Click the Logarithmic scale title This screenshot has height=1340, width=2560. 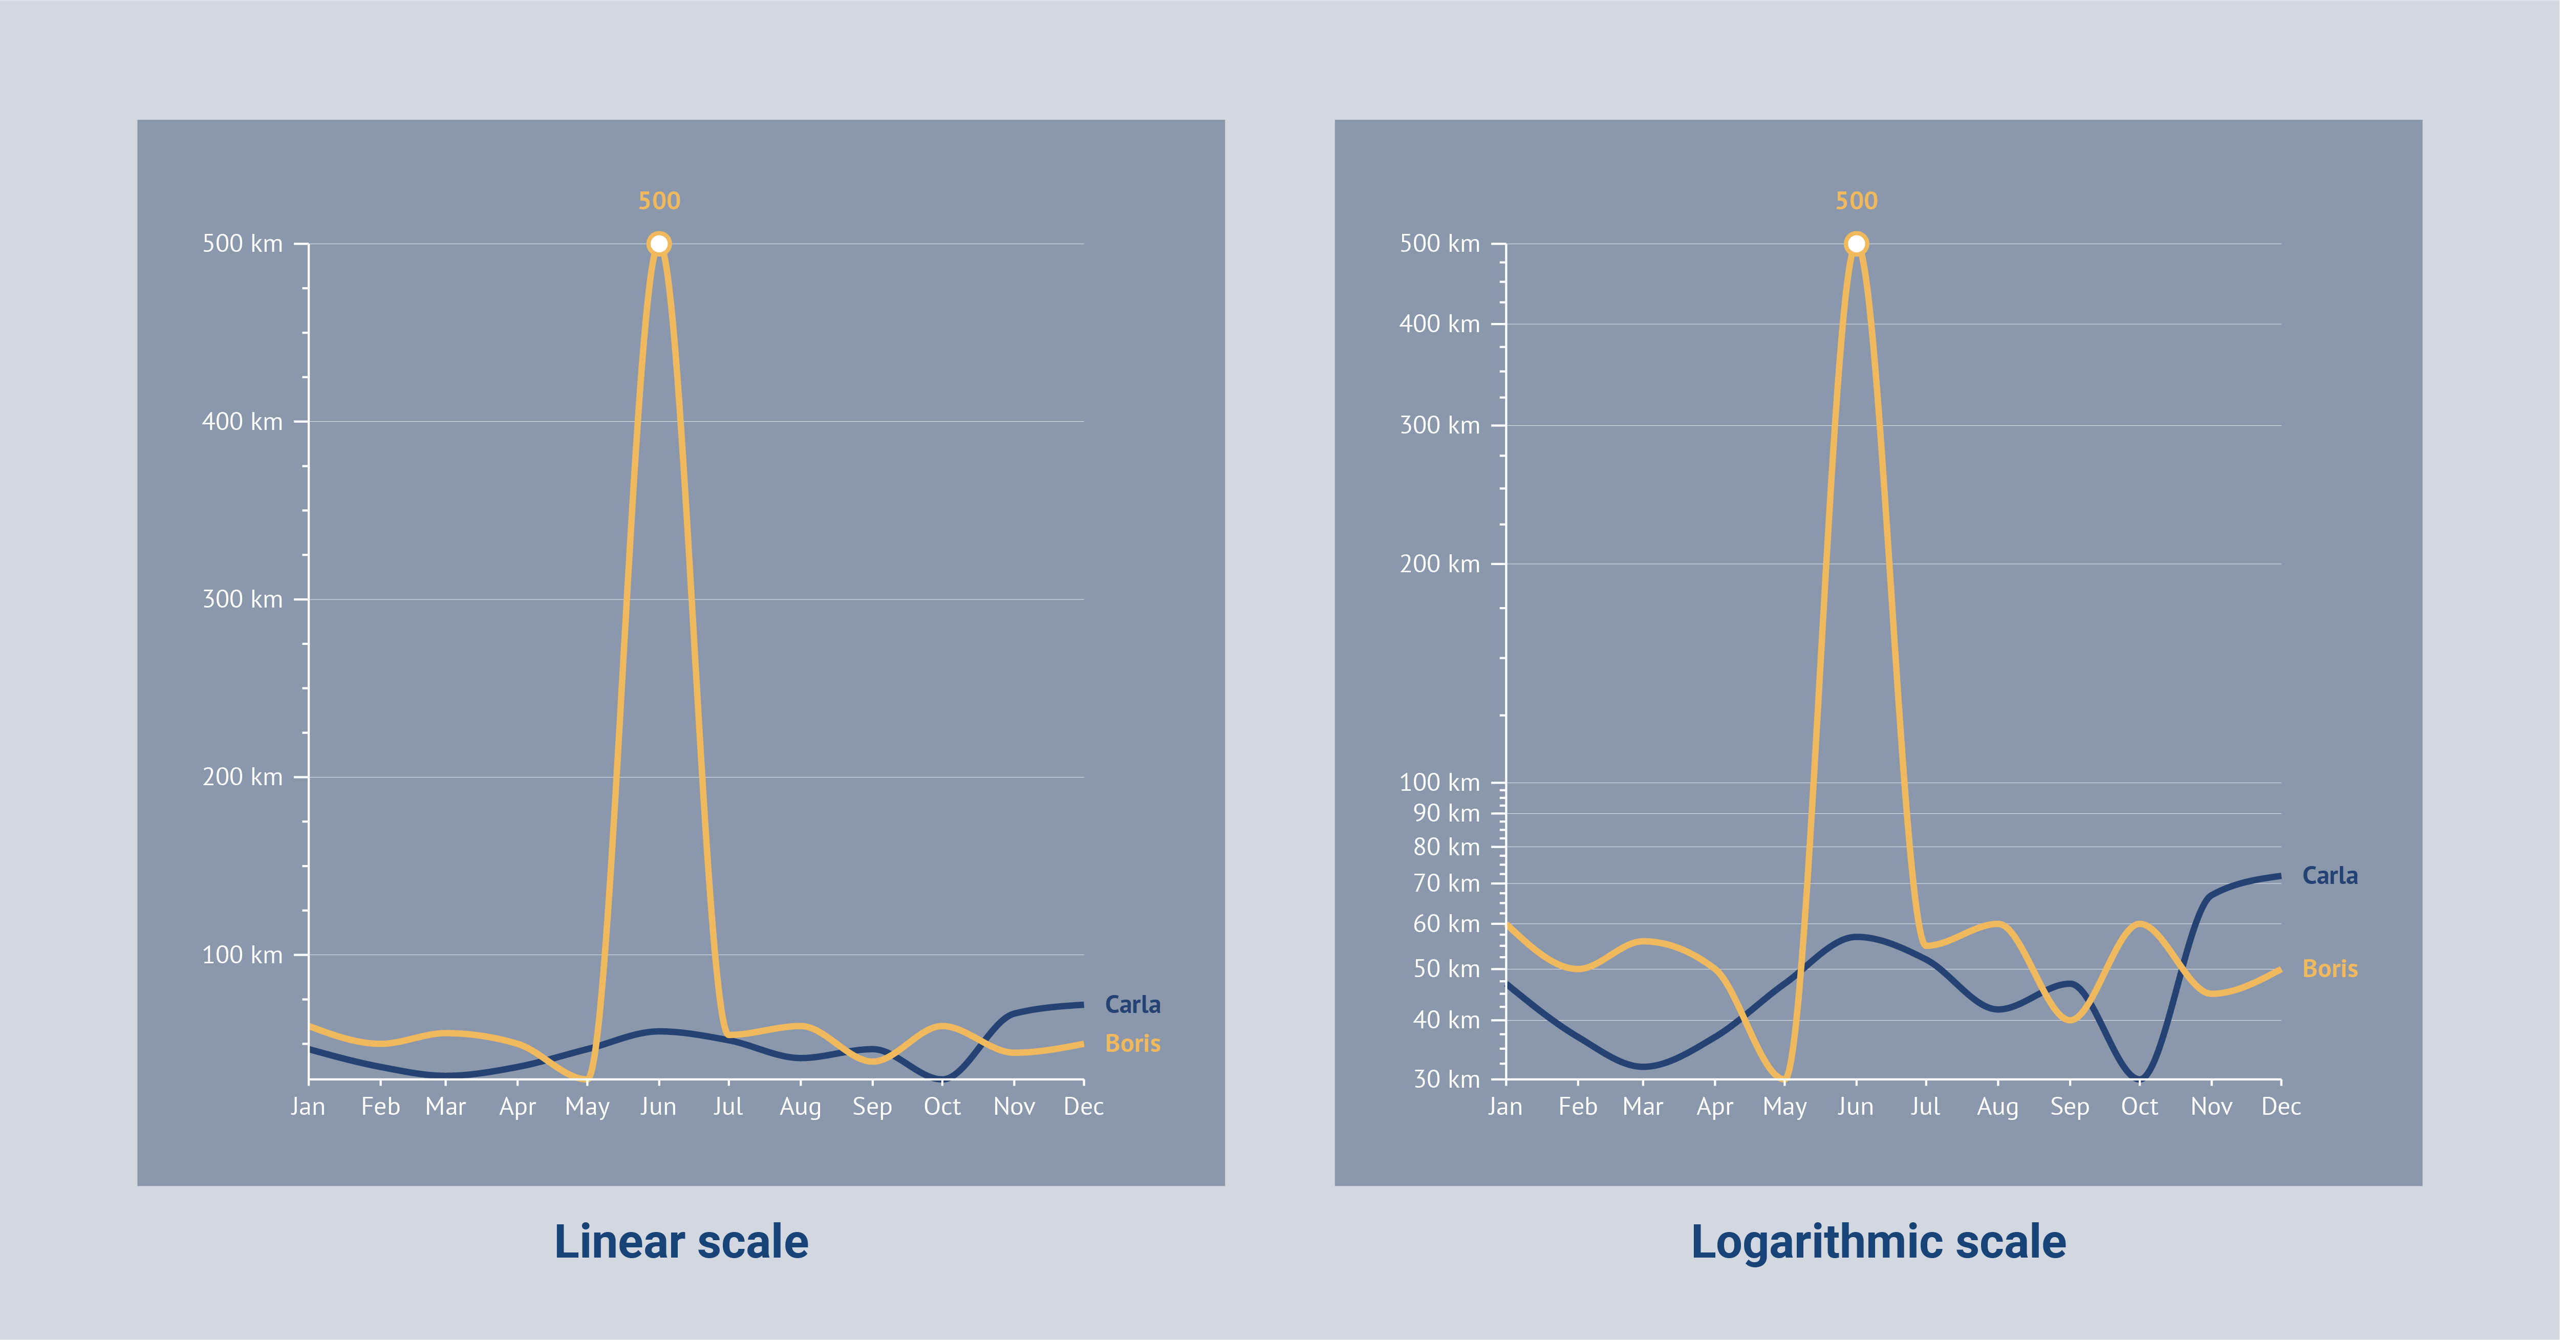pyautogui.click(x=1878, y=1242)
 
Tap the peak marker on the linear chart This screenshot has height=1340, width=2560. pyautogui.click(x=659, y=243)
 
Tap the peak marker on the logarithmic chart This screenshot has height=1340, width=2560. pyautogui.click(x=1856, y=243)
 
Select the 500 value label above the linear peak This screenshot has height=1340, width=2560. pyautogui.click(x=659, y=201)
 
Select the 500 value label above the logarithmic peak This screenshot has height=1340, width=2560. pyautogui.click(x=1856, y=201)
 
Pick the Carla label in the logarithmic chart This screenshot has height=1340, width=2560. pyautogui.click(x=2330, y=875)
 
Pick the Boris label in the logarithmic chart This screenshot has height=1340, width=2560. pyautogui.click(x=2330, y=968)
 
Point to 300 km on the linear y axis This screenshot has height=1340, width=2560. pyautogui.click(x=243, y=599)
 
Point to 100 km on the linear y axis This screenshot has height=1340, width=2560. pyautogui.click(x=243, y=955)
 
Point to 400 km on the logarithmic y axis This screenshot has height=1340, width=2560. pyautogui.click(x=1439, y=324)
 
